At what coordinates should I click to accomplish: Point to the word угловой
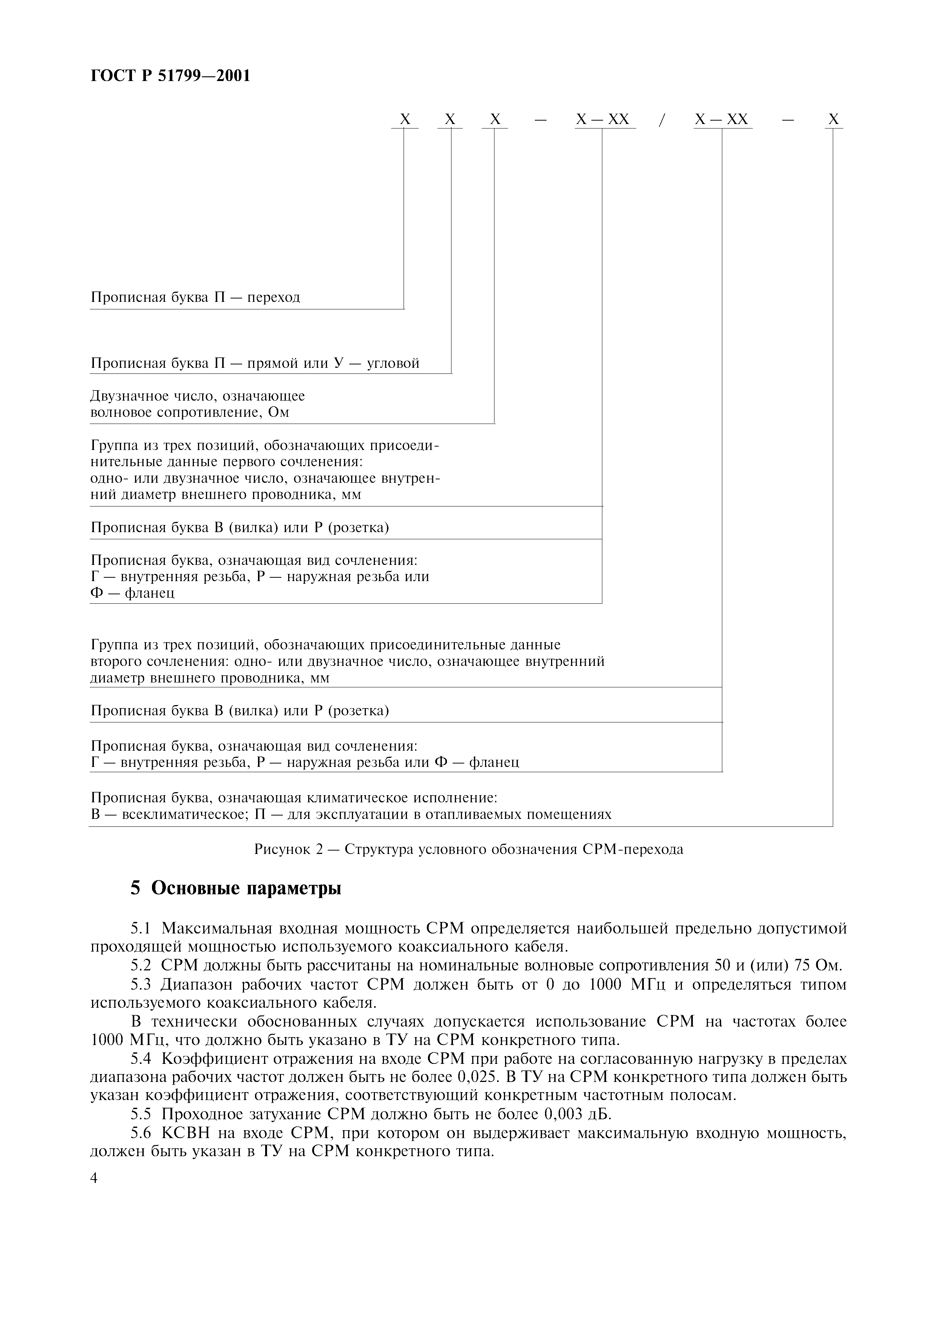click(x=393, y=363)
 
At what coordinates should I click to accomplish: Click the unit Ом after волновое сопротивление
click(x=278, y=412)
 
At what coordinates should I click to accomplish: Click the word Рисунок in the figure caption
click(x=281, y=849)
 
